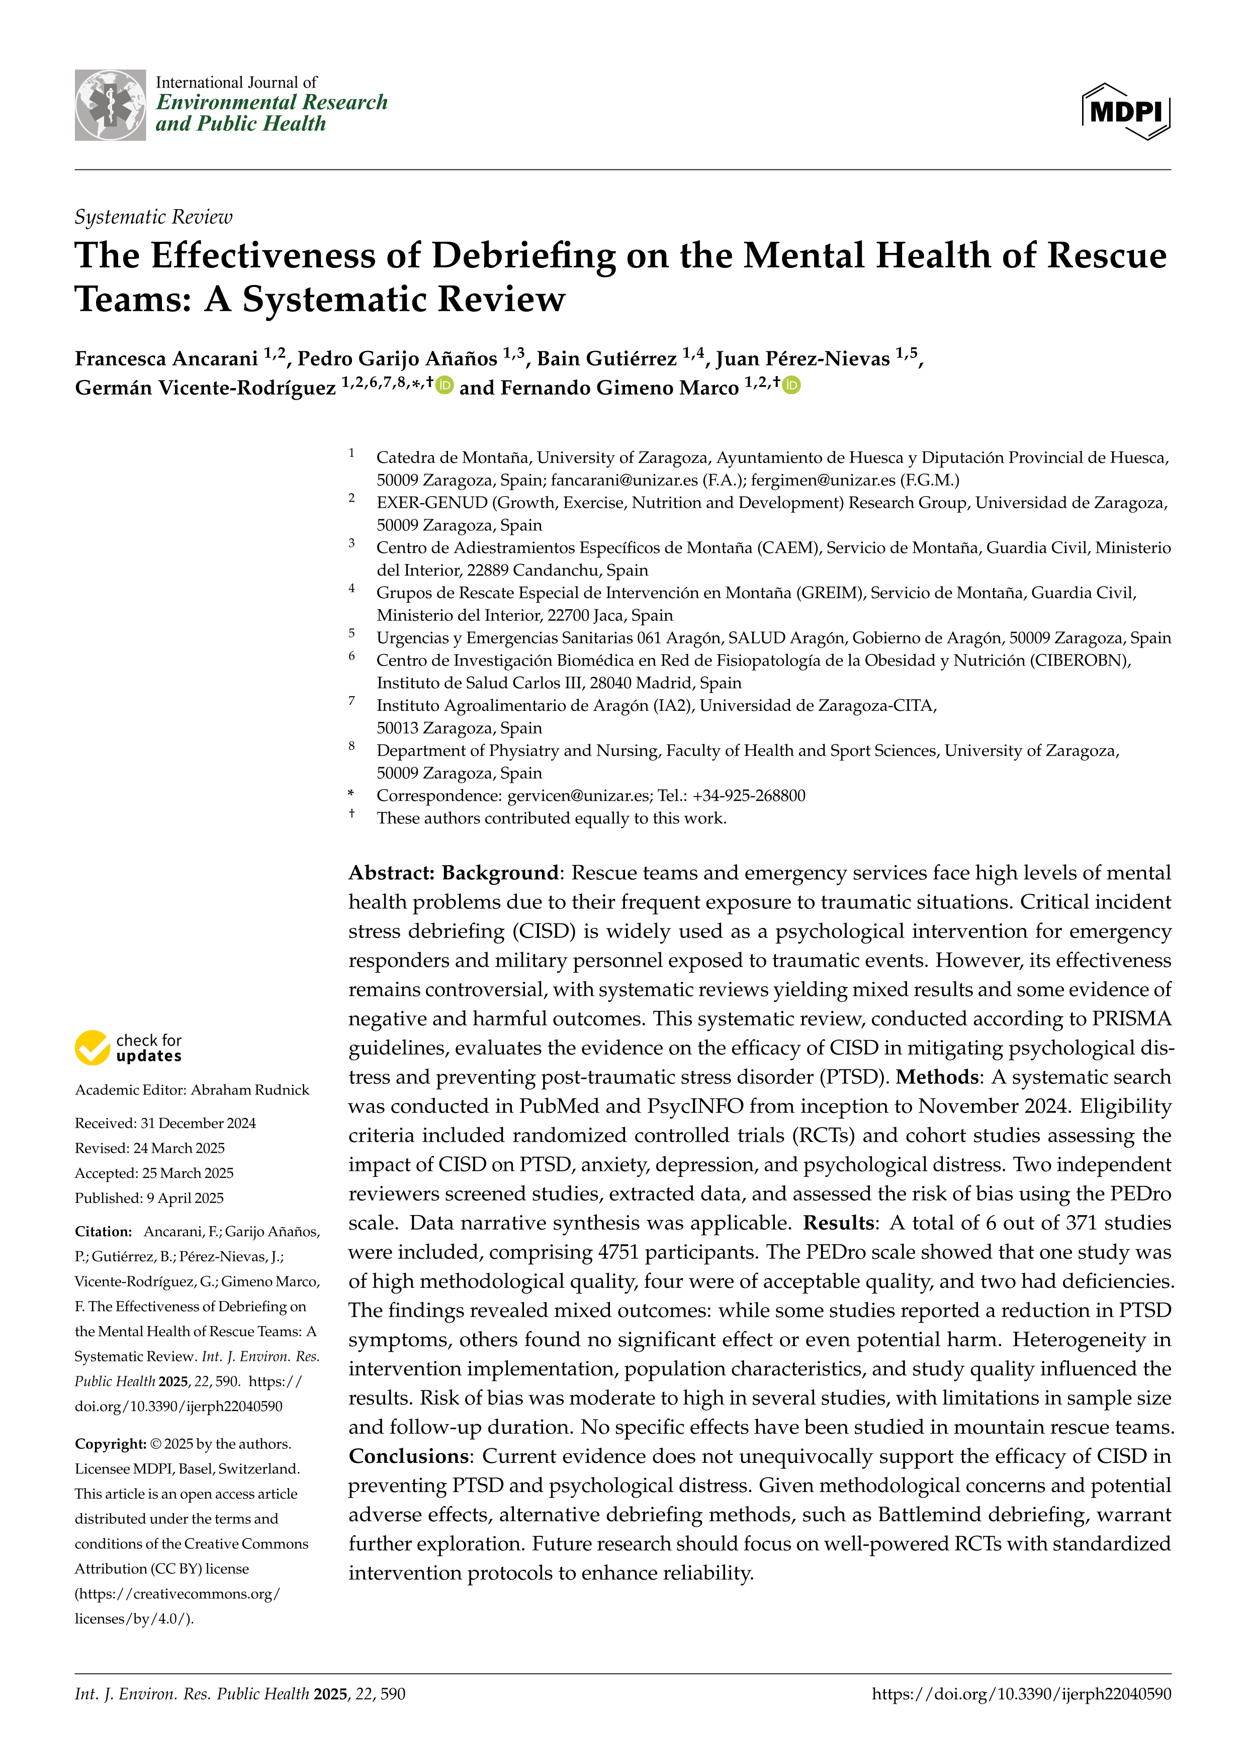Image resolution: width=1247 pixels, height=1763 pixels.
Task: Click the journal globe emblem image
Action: pyautogui.click(x=110, y=105)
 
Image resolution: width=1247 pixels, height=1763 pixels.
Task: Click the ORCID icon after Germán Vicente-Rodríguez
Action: pyautogui.click(x=444, y=386)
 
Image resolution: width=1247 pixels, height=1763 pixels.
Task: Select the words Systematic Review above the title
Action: pyautogui.click(x=153, y=217)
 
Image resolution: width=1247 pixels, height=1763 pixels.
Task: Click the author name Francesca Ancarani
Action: pyautogui.click(x=166, y=358)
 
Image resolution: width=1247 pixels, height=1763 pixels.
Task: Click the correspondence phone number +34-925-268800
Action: pyautogui.click(x=749, y=795)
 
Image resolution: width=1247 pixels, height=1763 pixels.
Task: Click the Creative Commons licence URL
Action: pyautogui.click(x=176, y=1606)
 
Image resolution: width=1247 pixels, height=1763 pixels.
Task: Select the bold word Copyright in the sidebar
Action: pyautogui.click(x=110, y=1444)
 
